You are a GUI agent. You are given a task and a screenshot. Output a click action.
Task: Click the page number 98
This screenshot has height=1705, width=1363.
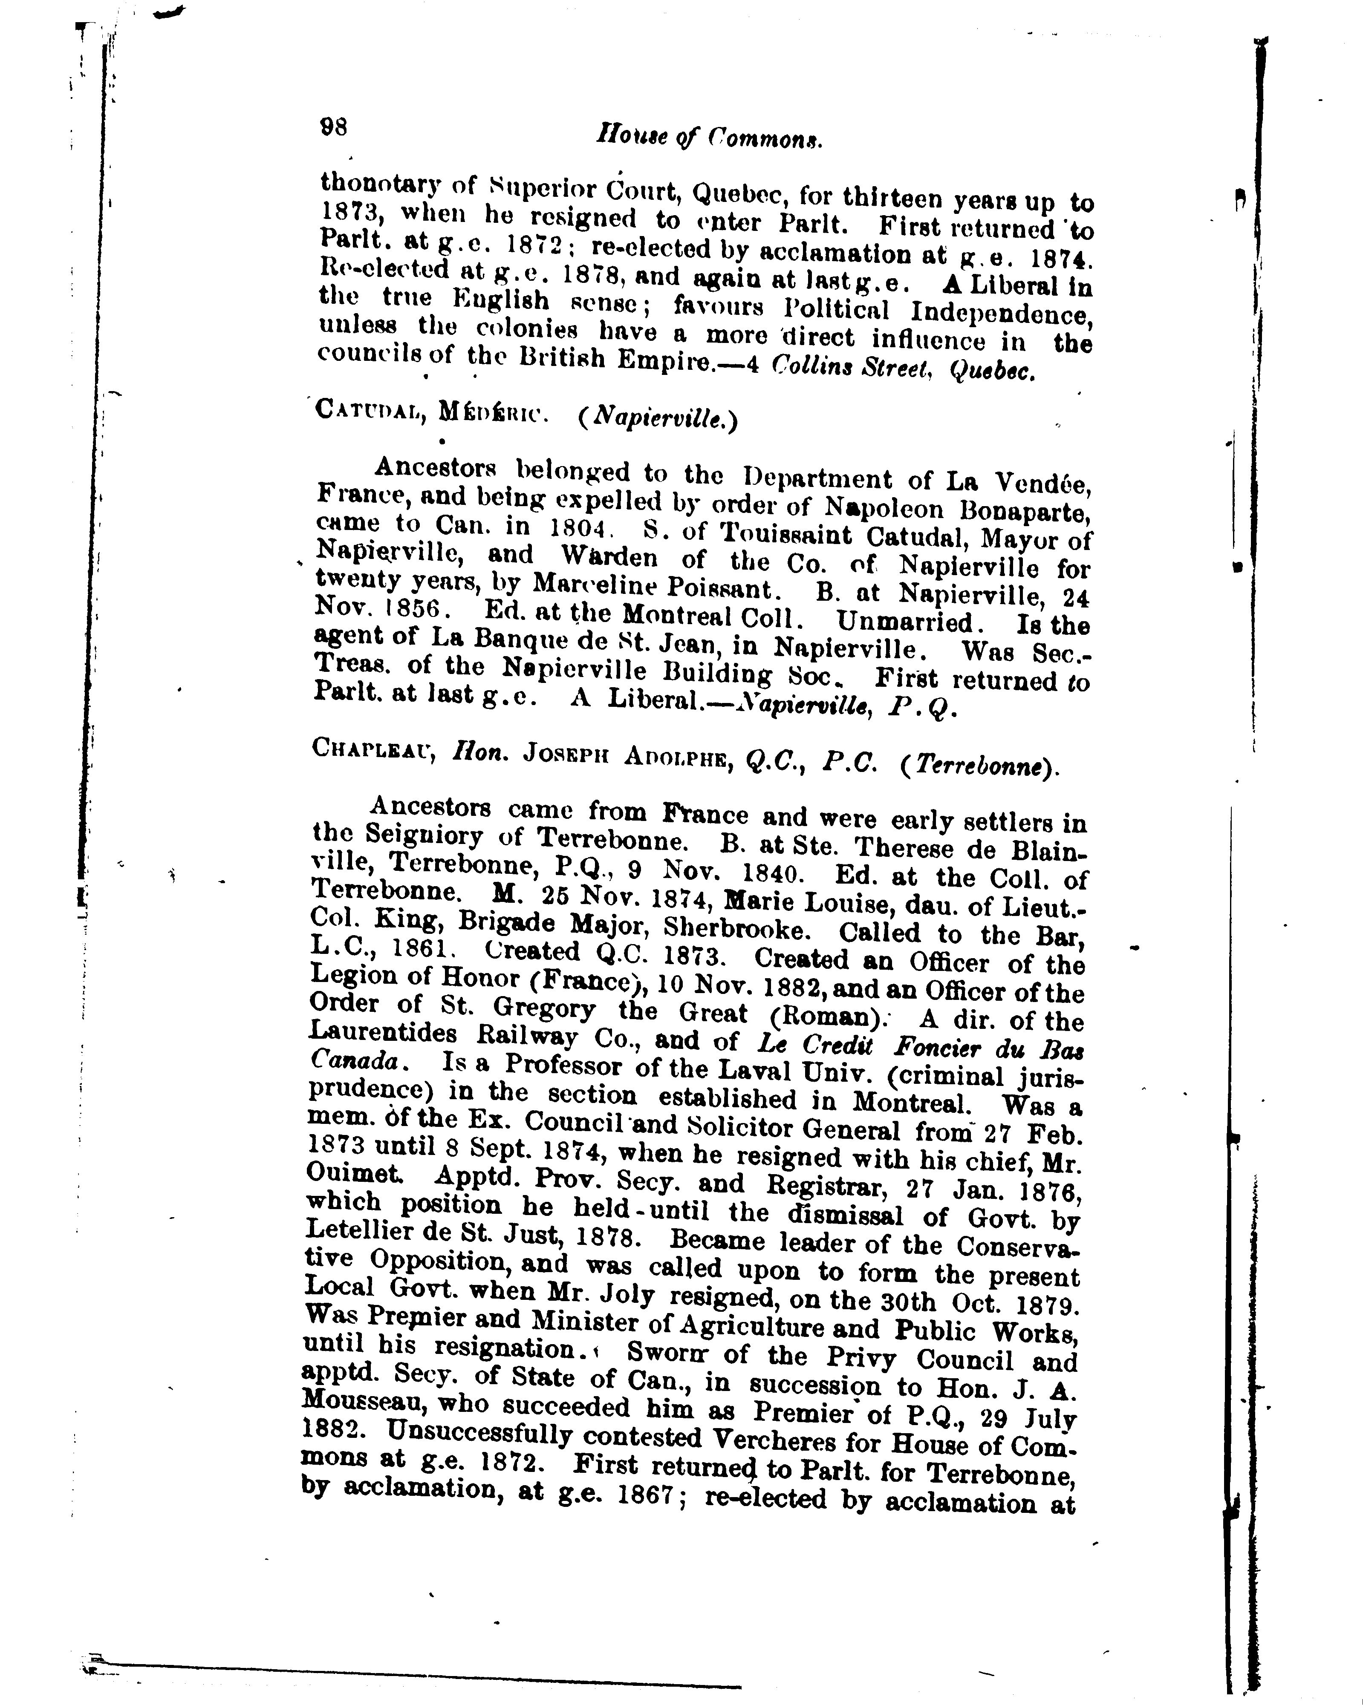tap(333, 127)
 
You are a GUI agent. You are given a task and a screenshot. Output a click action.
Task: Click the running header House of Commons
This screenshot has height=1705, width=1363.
tap(710, 138)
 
